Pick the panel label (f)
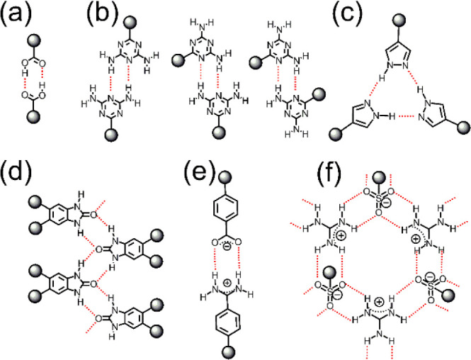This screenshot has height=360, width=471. point(310,174)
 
